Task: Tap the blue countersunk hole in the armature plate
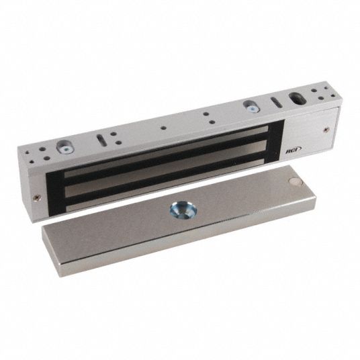[183, 210]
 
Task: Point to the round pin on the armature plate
[296, 181]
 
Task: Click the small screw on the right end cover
[326, 130]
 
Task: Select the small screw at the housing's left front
[36, 197]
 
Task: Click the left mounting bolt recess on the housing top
[65, 147]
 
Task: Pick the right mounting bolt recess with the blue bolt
[252, 107]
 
